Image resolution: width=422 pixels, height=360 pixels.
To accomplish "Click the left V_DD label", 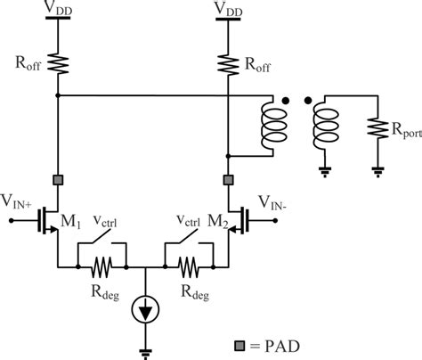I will click(57, 9).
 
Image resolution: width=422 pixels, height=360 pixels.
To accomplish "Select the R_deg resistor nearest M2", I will click(188, 266).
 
